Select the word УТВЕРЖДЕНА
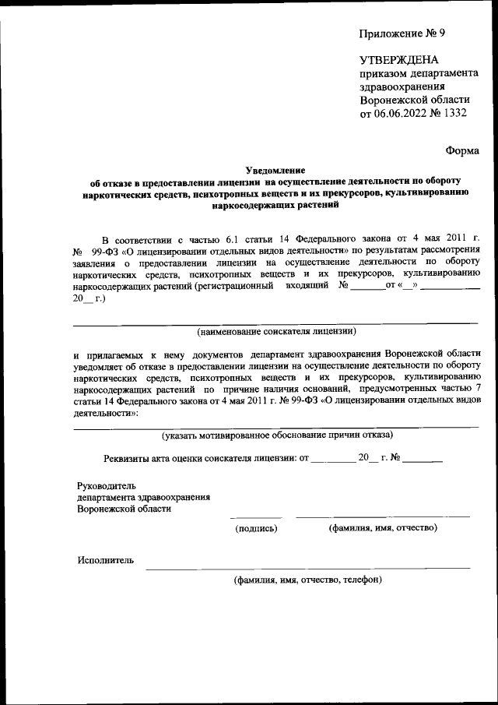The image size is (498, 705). click(x=399, y=60)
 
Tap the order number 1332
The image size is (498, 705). click(x=454, y=113)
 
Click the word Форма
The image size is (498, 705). click(x=462, y=150)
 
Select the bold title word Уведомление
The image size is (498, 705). click(x=275, y=171)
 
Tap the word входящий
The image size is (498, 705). click(x=310, y=287)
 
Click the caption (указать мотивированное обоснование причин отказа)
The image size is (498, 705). click(x=276, y=434)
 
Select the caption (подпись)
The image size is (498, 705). click(x=256, y=528)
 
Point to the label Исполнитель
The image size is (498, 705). click(x=105, y=559)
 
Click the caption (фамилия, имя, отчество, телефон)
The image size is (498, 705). click(x=308, y=580)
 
